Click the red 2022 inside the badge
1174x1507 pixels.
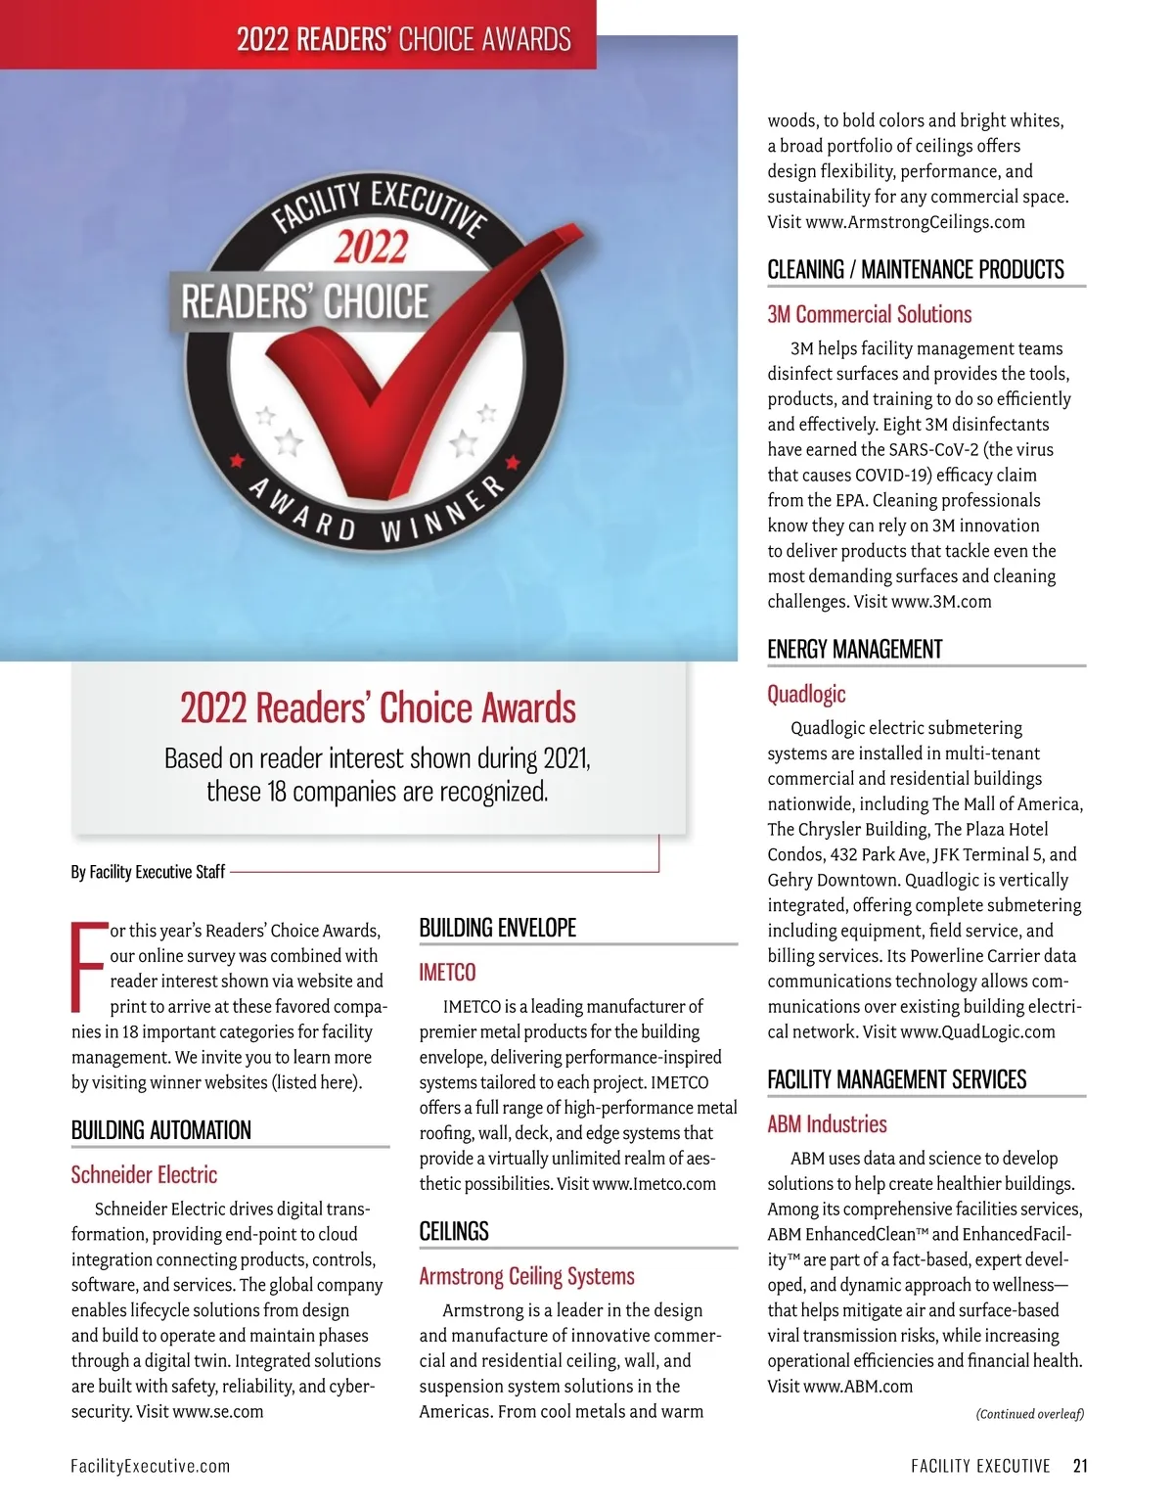(371, 247)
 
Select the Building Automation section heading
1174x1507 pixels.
(161, 1130)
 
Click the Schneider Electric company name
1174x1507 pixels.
(144, 1174)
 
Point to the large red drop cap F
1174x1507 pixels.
(88, 967)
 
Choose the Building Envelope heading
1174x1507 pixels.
(498, 928)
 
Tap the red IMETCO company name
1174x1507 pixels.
(447, 973)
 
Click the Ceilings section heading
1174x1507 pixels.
(454, 1231)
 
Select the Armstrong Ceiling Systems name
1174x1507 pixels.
(526, 1276)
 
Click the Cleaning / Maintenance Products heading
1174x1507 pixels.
(916, 270)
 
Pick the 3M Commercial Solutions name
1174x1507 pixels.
(870, 314)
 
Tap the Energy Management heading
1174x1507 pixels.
(855, 650)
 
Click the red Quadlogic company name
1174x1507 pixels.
(806, 694)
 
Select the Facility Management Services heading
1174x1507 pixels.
(897, 1079)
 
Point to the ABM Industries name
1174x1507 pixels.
(827, 1124)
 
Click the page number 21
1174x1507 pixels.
(1080, 1466)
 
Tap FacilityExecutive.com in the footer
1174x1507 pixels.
(151, 1466)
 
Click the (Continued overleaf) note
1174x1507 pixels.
(1029, 1414)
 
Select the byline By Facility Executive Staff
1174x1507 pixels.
(148, 872)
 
